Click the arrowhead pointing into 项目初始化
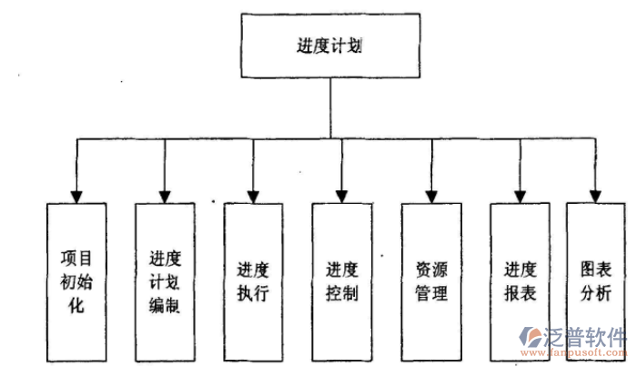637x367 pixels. coord(77,195)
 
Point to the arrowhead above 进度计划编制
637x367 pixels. coord(165,195)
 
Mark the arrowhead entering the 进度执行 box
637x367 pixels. coord(254,195)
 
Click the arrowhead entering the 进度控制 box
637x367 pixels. coord(341,195)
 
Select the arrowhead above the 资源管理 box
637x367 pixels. coord(430,195)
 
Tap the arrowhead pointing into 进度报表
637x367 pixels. coord(520,195)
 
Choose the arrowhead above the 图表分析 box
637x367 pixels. coord(595,195)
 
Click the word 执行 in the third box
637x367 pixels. coord(254,293)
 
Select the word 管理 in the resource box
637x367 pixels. coord(430,293)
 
